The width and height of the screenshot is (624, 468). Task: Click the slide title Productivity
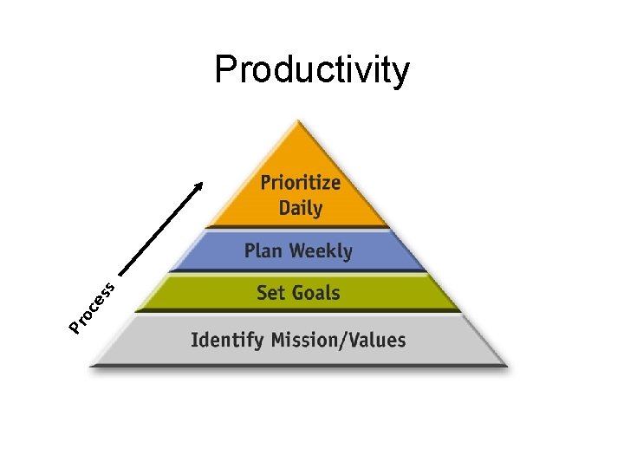click(312, 69)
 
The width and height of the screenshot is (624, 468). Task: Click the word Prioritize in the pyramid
click(300, 184)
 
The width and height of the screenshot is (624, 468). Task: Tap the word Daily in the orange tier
click(300, 208)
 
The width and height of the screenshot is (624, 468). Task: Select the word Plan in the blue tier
click(263, 251)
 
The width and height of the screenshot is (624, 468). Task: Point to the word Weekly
click(320, 251)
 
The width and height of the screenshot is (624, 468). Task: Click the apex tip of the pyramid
click(299, 122)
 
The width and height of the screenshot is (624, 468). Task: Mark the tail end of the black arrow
click(118, 272)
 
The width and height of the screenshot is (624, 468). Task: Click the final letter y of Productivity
click(400, 73)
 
